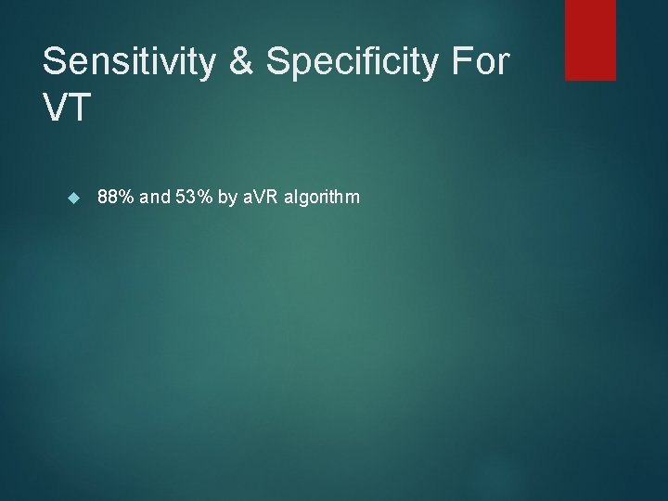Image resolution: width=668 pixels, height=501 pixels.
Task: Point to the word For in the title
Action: tap(479, 62)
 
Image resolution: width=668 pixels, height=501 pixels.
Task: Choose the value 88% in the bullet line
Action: tap(116, 197)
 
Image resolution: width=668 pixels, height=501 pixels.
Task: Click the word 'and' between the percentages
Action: tap(156, 197)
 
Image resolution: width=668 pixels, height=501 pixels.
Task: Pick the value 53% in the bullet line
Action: tap(196, 197)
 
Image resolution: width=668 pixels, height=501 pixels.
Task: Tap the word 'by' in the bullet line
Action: tap(229, 197)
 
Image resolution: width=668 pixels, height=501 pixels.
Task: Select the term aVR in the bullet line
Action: tap(263, 197)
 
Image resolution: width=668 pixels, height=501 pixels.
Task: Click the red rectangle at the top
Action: tap(591, 39)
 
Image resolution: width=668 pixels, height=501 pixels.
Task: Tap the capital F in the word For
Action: tap(458, 62)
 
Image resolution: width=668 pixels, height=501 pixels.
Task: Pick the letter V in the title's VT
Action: tap(54, 108)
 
